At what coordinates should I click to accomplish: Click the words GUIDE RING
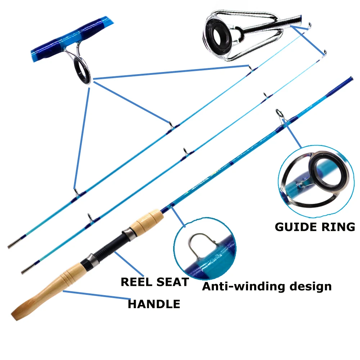pyautogui.click(x=315, y=227)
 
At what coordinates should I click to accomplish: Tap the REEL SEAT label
pyautogui.click(x=154, y=282)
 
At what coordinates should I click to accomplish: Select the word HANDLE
pyautogui.click(x=154, y=304)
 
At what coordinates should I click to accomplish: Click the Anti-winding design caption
pyautogui.click(x=266, y=286)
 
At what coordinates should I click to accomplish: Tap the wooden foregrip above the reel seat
pyautogui.click(x=146, y=221)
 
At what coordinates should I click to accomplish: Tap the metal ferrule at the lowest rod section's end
pyautogui.click(x=25, y=270)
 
